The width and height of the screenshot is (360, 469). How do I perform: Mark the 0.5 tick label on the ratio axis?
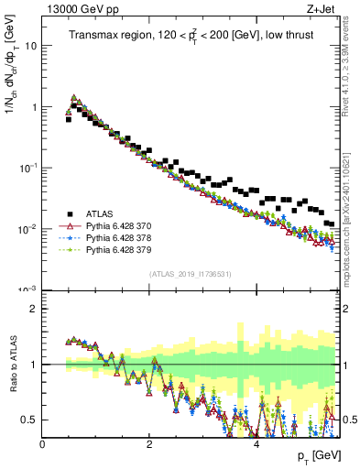coord(30,420)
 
